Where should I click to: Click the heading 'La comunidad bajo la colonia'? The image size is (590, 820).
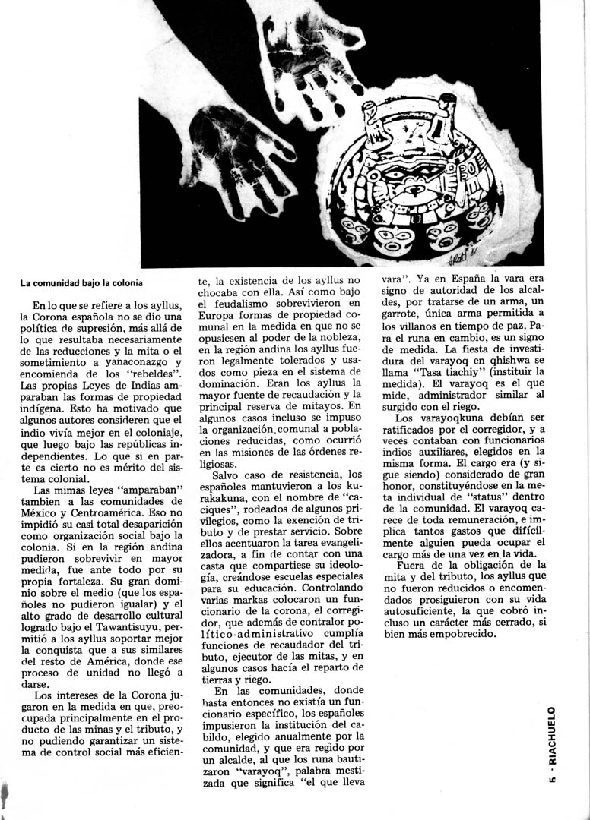point(81,283)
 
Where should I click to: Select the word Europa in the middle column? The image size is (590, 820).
point(217,334)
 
